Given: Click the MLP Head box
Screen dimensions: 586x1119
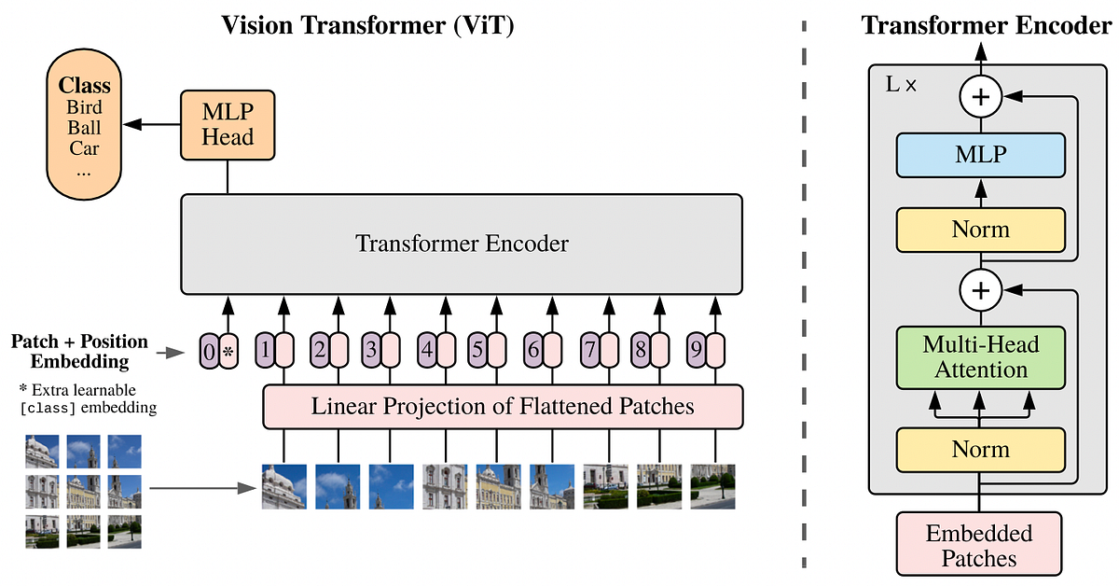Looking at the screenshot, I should pos(228,124).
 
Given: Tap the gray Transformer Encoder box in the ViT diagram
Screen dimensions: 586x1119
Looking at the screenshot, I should pos(462,244).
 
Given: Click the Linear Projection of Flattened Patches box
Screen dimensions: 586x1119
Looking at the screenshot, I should pos(503,407).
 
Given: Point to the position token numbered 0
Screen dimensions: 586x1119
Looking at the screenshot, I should pos(208,353).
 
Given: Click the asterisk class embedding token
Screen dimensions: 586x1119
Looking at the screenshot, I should pos(228,353).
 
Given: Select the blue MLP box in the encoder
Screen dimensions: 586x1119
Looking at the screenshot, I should pos(980,154).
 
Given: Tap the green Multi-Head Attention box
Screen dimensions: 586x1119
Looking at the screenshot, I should pos(980,357).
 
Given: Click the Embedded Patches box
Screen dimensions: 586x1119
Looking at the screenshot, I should pos(979,546).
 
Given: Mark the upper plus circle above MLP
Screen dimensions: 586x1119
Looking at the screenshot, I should pos(980,96).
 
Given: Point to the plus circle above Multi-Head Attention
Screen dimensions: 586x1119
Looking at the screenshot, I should pos(980,291).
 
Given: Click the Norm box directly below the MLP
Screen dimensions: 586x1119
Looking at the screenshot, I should pos(980,230).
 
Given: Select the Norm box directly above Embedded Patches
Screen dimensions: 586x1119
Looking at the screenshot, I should pos(980,450).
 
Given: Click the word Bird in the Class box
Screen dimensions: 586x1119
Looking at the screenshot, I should pos(84,106).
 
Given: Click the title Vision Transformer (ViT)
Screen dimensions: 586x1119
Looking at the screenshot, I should pos(367,24).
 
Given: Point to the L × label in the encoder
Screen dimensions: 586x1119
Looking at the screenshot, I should pos(901,84).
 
